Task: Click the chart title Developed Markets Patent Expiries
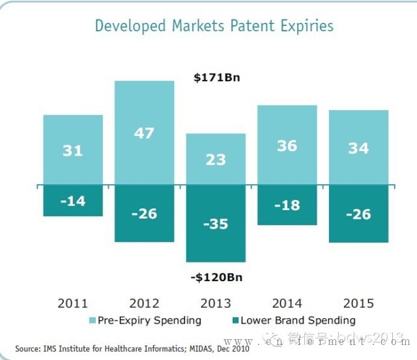[214, 26]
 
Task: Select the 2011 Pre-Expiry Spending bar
[73, 150]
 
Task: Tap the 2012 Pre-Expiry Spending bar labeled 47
[144, 133]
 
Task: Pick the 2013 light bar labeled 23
[216, 159]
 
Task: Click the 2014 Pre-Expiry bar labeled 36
[287, 146]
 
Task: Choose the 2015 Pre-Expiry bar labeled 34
[358, 148]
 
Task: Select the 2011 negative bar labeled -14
[73, 201]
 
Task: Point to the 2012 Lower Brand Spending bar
[144, 214]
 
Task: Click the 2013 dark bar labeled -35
[216, 224]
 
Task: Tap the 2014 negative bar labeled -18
[287, 206]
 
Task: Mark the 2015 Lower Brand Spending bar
[358, 214]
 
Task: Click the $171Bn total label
[218, 77]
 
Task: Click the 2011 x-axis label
[73, 303]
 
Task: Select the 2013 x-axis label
[216, 303]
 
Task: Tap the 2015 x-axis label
[358, 303]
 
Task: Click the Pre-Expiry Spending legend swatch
[93, 320]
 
